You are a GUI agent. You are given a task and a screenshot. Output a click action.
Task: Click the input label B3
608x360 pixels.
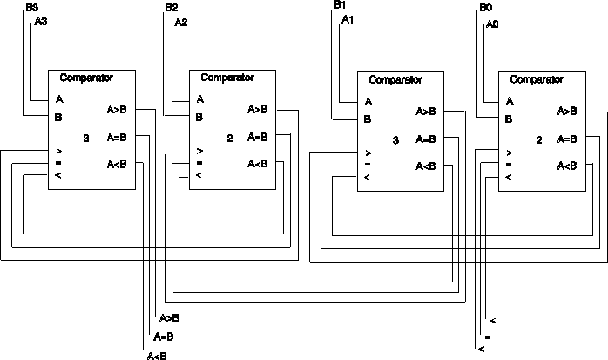(32, 8)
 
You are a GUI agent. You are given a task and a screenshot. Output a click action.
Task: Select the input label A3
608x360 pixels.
(41, 22)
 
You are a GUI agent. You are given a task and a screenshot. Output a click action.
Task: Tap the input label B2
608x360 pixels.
(172, 8)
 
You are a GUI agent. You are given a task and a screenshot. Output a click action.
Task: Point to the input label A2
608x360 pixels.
(180, 22)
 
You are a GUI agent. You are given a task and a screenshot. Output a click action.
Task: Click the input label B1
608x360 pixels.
(340, 5)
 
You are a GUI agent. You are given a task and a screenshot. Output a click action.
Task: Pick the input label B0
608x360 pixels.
(485, 8)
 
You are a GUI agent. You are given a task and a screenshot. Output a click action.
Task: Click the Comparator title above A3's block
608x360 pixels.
(86, 78)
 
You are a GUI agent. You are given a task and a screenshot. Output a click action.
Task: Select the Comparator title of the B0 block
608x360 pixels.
(537, 79)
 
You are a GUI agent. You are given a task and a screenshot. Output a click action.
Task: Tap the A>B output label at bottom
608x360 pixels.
(170, 318)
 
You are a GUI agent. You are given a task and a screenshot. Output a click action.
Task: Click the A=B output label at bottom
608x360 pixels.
(164, 336)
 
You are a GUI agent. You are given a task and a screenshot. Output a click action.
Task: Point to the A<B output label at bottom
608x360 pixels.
(157, 355)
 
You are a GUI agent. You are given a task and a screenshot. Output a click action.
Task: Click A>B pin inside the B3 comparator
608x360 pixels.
(118, 111)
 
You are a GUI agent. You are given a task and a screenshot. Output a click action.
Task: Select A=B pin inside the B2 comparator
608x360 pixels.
(258, 137)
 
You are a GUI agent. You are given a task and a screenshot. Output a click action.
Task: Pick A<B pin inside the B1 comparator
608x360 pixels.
(426, 166)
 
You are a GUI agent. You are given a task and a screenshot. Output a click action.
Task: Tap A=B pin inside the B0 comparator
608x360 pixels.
(567, 139)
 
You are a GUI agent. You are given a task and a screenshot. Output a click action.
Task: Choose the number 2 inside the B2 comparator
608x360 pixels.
(229, 138)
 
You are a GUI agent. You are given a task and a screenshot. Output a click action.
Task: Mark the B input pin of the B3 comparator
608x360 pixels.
(59, 116)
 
